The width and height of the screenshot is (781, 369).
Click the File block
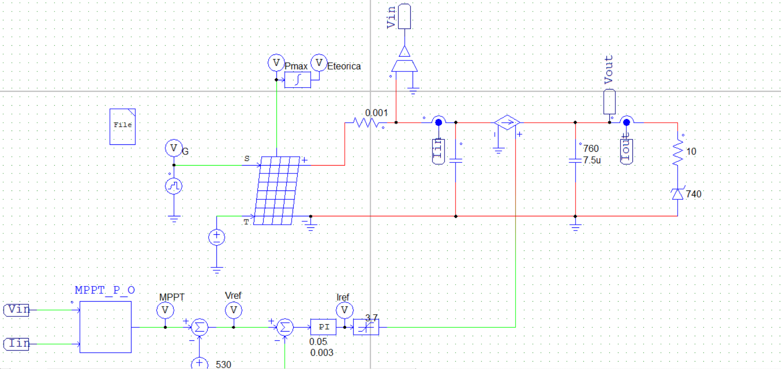122,126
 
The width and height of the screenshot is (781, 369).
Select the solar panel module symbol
277,190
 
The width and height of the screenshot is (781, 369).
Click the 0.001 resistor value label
376,113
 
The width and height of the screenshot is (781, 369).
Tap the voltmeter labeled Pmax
276,63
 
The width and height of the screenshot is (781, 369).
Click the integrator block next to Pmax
297,80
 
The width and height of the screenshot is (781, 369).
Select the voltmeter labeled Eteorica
319,63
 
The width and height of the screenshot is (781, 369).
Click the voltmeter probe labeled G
174,148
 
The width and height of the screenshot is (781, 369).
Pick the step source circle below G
174,186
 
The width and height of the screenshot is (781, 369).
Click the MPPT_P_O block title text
105,290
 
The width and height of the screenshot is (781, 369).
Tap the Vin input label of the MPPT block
17,309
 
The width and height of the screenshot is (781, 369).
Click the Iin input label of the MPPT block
17,344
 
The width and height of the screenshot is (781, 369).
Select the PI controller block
323,327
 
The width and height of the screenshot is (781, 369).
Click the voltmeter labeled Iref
344,310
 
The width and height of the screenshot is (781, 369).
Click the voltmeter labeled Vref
234,310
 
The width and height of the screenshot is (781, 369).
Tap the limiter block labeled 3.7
366,327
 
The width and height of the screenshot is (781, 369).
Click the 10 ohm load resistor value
691,152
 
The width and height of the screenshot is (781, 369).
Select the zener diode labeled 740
677,194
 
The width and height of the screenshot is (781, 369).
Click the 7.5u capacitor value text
592,160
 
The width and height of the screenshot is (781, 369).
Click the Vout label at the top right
609,69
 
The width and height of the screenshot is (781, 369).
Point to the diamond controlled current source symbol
507,123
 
